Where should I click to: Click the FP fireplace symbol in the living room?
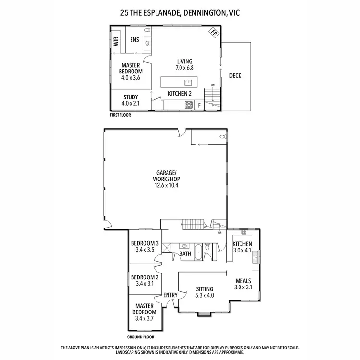click(x=213, y=33)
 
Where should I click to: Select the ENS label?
click(x=134, y=40)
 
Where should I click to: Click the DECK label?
click(x=235, y=75)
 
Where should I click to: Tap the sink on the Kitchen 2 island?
click(x=189, y=82)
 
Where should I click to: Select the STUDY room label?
click(x=131, y=97)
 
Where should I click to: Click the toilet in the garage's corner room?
click(x=222, y=137)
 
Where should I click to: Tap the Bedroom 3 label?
click(x=145, y=243)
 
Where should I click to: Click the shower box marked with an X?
click(x=167, y=248)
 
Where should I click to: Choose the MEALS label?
click(x=243, y=281)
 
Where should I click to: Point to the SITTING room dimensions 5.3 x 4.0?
click(x=204, y=295)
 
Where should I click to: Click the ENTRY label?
click(x=170, y=295)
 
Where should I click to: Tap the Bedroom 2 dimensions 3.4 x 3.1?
click(x=145, y=284)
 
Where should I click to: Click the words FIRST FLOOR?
click(x=120, y=115)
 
